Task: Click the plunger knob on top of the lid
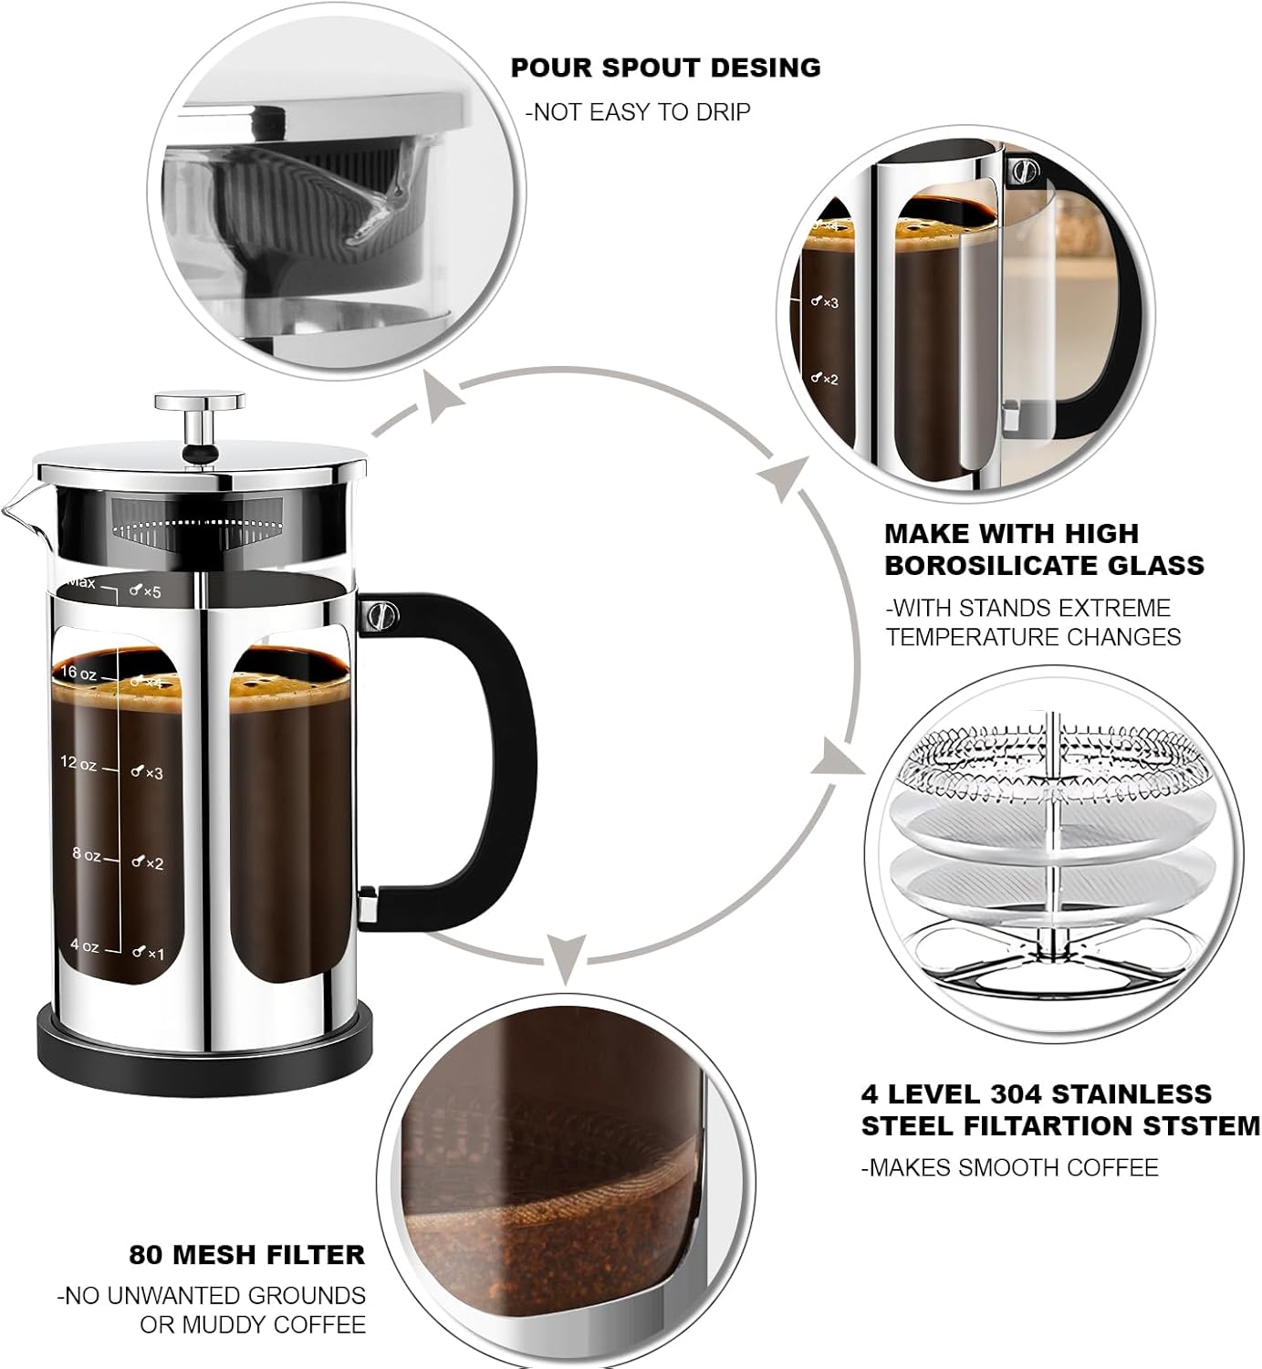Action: point(199,402)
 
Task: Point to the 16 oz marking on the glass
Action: point(78,674)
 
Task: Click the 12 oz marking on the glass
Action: point(78,763)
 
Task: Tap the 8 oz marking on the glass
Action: point(87,855)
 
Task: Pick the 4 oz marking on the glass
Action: point(84,946)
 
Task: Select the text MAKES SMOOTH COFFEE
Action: point(1009,1167)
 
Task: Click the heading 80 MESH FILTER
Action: point(246,1255)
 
